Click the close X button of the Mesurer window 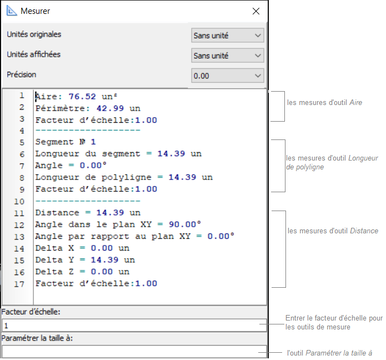coord(256,11)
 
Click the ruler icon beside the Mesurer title coord(11,11)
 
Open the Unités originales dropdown coord(228,35)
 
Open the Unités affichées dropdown coord(228,56)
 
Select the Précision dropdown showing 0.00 coord(228,76)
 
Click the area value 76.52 coord(82,96)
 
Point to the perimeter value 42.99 coord(110,108)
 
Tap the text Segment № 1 coord(65,142)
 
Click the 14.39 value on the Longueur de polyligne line coord(182,177)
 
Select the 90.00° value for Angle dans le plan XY coord(184,224)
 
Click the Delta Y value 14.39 coord(104,260)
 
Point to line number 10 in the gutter coord(19,202)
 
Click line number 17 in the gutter coord(19,284)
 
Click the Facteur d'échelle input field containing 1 coord(134,326)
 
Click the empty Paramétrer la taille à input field coord(134,352)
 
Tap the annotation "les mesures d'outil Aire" coord(324,102)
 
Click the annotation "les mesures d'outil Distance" coord(333,231)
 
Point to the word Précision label coord(22,74)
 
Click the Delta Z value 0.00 coord(102,272)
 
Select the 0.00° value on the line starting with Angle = coord(93,165)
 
